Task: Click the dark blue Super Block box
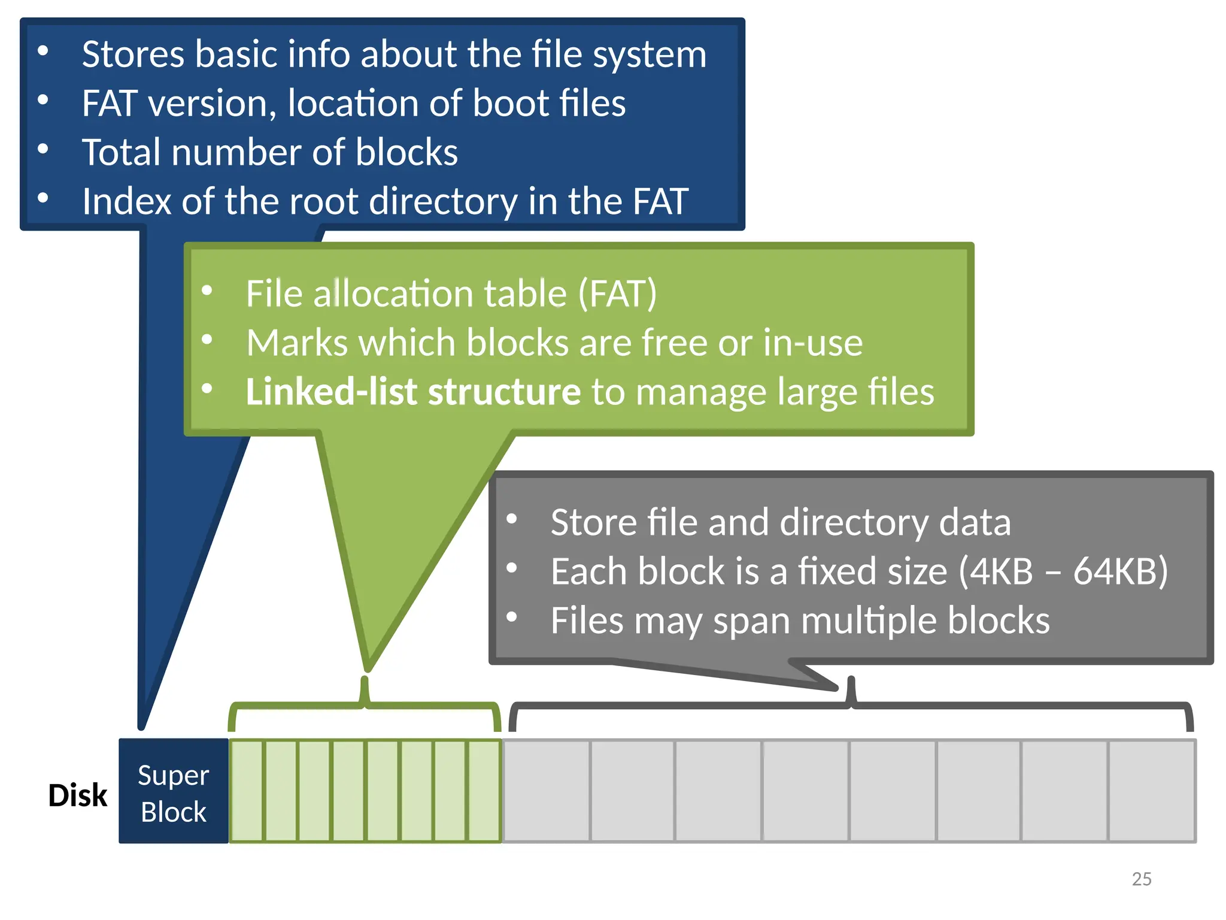[173, 791]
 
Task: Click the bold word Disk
[77, 795]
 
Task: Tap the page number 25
[1142, 879]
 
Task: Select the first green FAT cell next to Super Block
[247, 791]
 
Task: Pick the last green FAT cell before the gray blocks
[484, 791]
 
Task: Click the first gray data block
[547, 791]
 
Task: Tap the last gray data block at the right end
[1151, 791]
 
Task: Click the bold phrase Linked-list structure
[413, 392]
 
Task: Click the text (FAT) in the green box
[617, 293]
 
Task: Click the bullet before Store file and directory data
[511, 519]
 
